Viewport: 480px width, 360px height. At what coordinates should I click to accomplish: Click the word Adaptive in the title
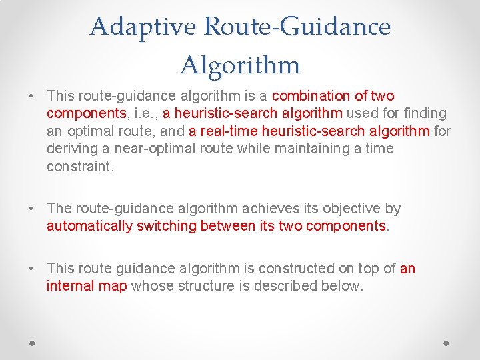pos(144,27)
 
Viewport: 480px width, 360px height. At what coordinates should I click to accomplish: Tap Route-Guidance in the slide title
pos(297,27)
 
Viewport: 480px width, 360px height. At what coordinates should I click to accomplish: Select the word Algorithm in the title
pos(240,65)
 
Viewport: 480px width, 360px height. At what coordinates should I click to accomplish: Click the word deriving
pos(70,148)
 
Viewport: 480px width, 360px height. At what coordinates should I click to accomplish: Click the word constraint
pos(80,166)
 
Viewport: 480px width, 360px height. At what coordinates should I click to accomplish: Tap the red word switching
pos(166,226)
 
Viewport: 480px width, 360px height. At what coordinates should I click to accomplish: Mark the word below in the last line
pos(345,286)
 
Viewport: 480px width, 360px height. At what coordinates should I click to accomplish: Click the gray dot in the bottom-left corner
pos(33,343)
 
